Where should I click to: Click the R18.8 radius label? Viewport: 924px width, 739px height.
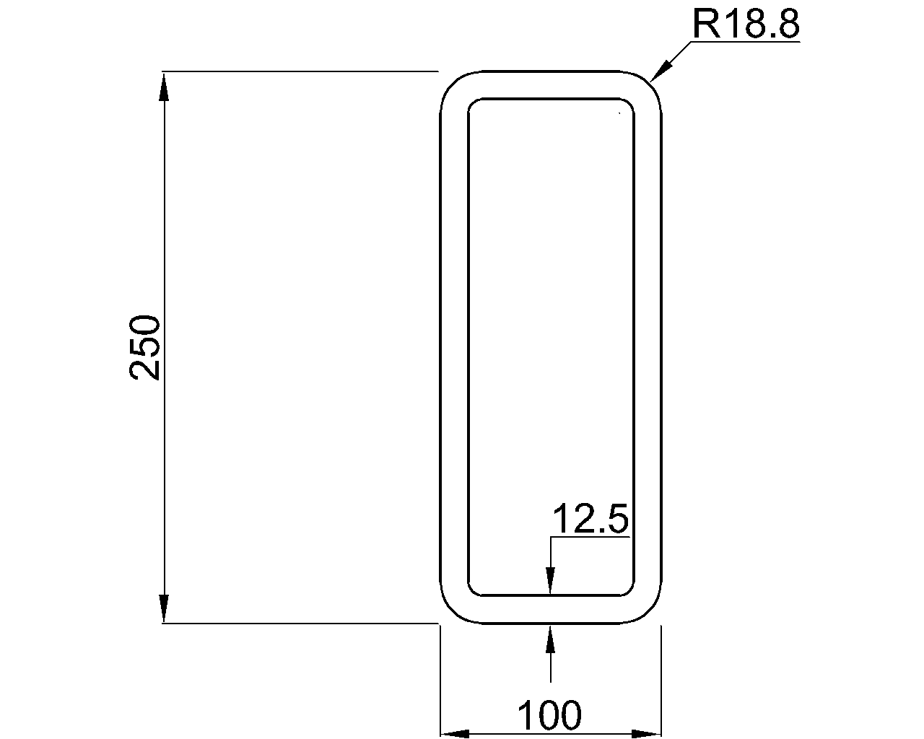tap(746, 25)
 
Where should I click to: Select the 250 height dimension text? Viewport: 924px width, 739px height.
tap(144, 347)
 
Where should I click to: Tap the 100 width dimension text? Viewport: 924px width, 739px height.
tap(549, 716)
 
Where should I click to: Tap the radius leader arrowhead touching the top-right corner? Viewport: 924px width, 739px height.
tap(660, 71)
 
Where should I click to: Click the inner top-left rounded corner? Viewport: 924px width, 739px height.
tap(473, 103)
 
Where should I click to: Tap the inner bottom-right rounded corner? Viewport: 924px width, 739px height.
tap(629, 591)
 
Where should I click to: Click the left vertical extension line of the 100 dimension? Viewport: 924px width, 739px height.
tap(440, 678)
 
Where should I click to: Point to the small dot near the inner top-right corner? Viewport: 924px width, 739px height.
tap(619, 113)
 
